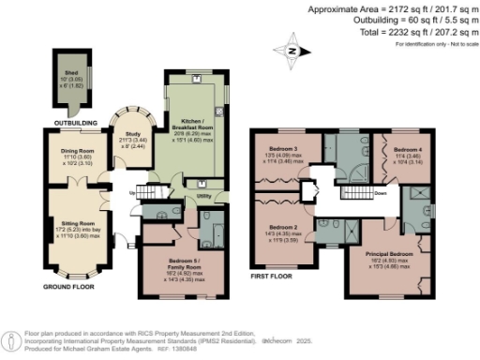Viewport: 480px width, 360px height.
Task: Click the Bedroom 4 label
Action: pos(407,150)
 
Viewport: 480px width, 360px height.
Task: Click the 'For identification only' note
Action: pos(436,44)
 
